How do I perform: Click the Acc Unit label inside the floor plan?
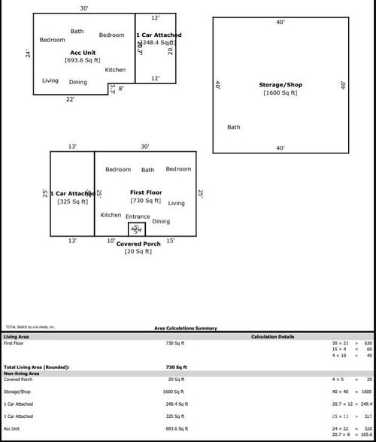(83, 52)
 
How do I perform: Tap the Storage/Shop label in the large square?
(280, 85)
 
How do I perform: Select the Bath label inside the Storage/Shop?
(234, 127)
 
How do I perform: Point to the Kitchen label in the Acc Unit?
(115, 69)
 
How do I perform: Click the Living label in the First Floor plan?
(176, 203)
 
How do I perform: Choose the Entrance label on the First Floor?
(138, 216)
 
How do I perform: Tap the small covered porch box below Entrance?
(137, 229)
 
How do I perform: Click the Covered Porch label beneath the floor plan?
(138, 244)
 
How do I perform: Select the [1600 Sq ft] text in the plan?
(280, 93)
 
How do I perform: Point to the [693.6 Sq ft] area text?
(83, 59)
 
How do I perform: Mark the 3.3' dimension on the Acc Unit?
(113, 88)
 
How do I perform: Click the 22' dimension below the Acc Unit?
(70, 99)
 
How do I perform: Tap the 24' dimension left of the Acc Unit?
(28, 54)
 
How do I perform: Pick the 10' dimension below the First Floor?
(111, 241)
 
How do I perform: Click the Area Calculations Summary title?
(186, 328)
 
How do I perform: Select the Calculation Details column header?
(273, 337)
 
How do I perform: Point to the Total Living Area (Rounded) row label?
(37, 367)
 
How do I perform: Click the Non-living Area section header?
(22, 373)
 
